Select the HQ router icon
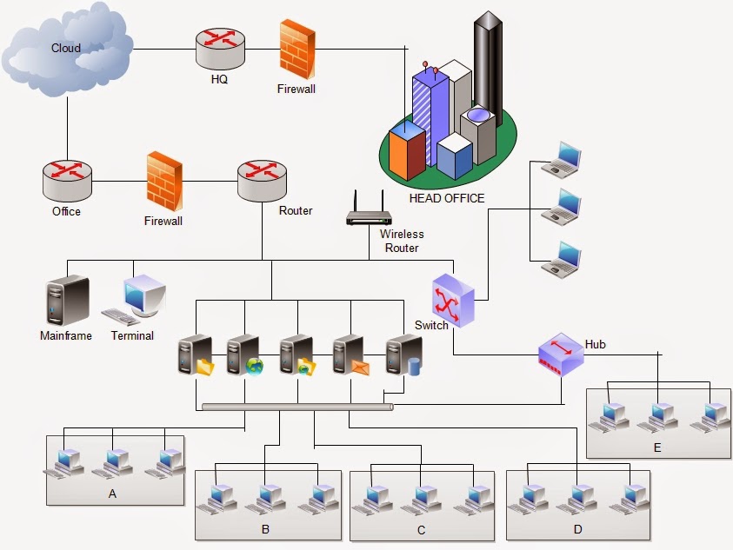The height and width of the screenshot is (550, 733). tap(218, 50)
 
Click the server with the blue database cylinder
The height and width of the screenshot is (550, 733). tap(403, 356)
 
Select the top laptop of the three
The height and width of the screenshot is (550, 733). tap(561, 161)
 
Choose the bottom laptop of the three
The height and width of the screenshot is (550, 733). tap(561, 261)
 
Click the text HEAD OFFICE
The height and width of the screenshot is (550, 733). tap(446, 198)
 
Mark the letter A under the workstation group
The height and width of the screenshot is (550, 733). tap(112, 493)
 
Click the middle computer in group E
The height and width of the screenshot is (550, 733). tap(657, 416)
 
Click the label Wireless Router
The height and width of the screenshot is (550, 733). tap(401, 241)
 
